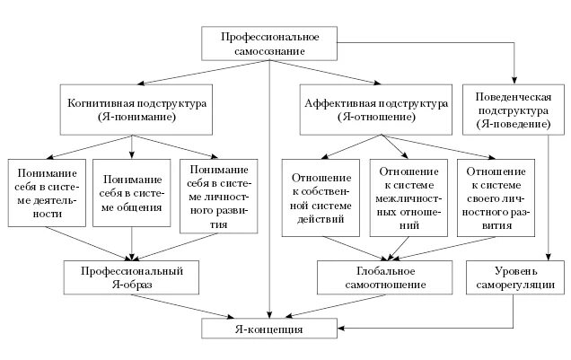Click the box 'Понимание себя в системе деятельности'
pyautogui.click(x=47, y=196)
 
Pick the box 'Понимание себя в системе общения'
pyautogui.click(x=134, y=196)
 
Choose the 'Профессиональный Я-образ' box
pyautogui.click(x=132, y=277)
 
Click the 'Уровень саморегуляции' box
pyautogui.click(x=516, y=277)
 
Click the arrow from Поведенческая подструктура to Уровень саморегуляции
pyautogui.click(x=549, y=198)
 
